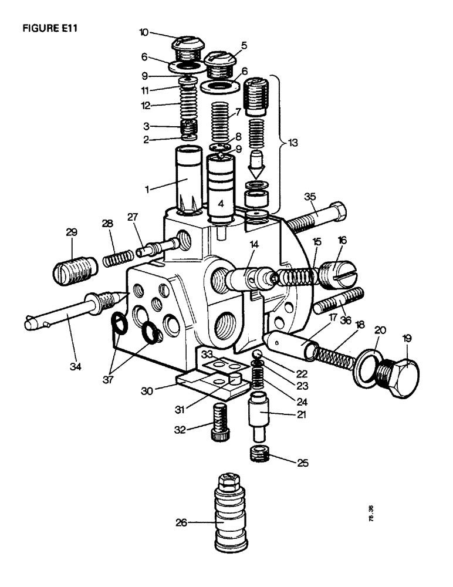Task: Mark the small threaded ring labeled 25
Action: (259, 453)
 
